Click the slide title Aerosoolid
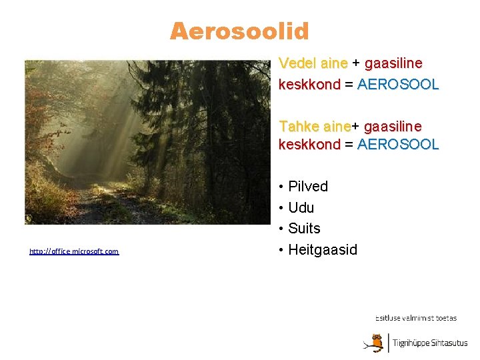(x=239, y=31)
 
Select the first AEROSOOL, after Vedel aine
(x=398, y=85)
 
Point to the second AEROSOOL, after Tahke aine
(x=398, y=145)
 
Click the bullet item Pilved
(x=308, y=187)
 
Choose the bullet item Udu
(x=301, y=208)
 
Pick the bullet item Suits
(x=304, y=229)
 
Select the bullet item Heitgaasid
(x=323, y=250)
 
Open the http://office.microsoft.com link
(x=74, y=251)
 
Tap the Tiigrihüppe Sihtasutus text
(x=430, y=343)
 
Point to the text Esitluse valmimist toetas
(x=416, y=319)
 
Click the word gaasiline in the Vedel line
(x=393, y=63)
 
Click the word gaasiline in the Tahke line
(x=393, y=126)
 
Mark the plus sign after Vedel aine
(x=356, y=63)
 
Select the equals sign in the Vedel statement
(x=349, y=85)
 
